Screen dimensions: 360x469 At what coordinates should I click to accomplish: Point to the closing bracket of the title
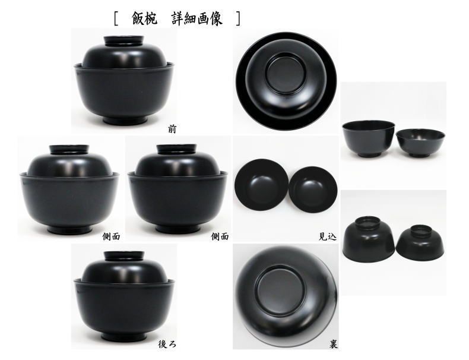point(237,18)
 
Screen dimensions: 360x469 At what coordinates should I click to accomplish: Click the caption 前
point(172,128)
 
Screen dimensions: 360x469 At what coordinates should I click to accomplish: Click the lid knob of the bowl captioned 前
point(125,41)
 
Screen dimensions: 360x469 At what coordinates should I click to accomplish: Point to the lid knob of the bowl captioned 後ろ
point(125,256)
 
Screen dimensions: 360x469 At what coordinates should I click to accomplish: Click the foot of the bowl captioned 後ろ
point(125,334)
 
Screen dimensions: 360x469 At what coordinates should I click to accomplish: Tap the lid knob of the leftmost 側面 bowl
point(69,149)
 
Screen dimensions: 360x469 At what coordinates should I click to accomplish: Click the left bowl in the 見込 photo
point(261,187)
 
